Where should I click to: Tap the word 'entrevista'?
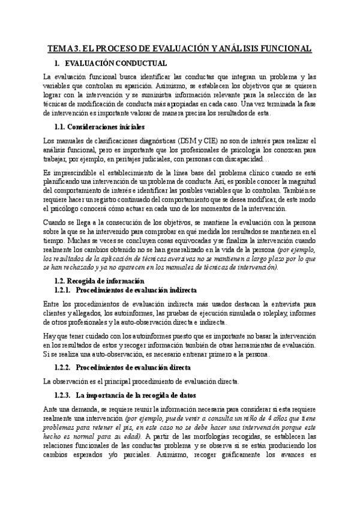click(279, 304)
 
